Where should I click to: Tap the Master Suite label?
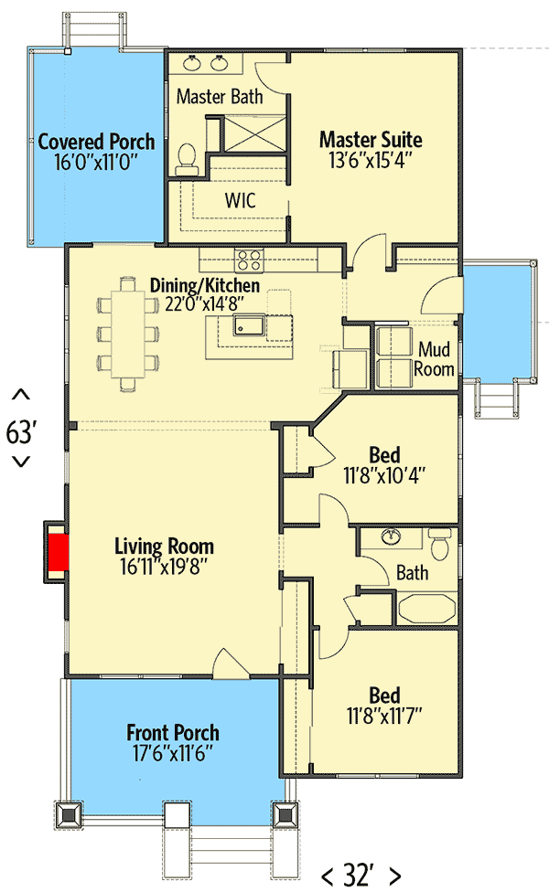[371, 140]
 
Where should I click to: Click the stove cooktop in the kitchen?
[249, 260]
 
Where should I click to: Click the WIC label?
[240, 199]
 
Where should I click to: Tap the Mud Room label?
[435, 358]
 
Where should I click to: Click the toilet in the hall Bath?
[440, 547]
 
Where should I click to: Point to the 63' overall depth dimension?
[20, 431]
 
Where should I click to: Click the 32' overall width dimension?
[361, 876]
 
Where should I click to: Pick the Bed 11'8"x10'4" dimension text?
[383, 475]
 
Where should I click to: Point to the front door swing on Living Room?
[226, 663]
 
